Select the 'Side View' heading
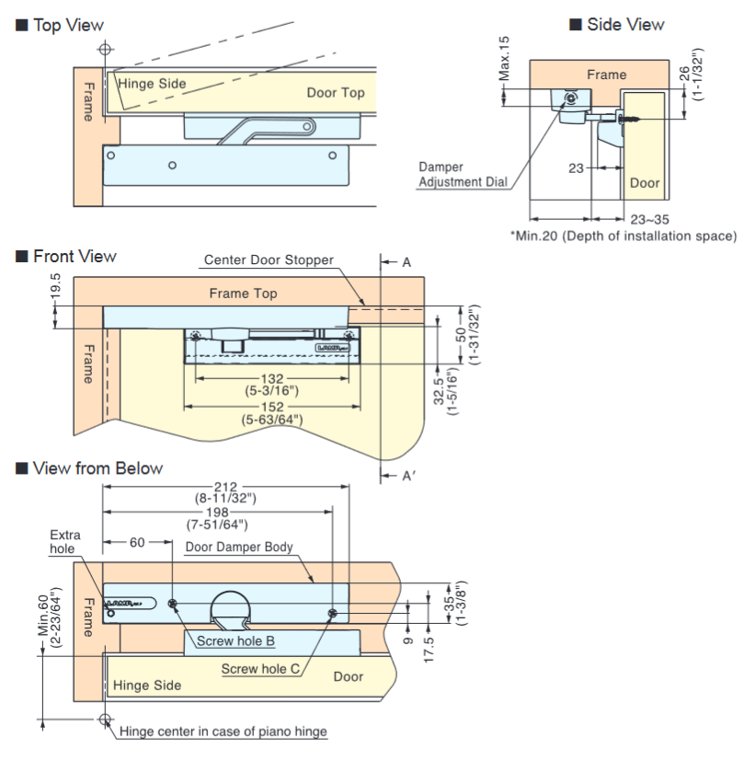click(x=624, y=24)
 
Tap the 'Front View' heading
click(x=74, y=256)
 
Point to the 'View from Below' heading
click(x=97, y=467)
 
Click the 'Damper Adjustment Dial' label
click(x=462, y=175)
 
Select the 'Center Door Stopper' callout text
click(x=269, y=260)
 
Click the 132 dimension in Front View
click(x=272, y=378)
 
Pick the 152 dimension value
click(x=272, y=406)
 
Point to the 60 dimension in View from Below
click(x=138, y=543)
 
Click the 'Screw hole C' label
click(x=260, y=669)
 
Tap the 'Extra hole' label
click(x=65, y=541)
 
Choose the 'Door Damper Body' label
click(x=239, y=547)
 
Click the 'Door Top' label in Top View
click(x=335, y=92)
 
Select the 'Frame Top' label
click(x=243, y=294)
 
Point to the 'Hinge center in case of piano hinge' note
click(x=223, y=732)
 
